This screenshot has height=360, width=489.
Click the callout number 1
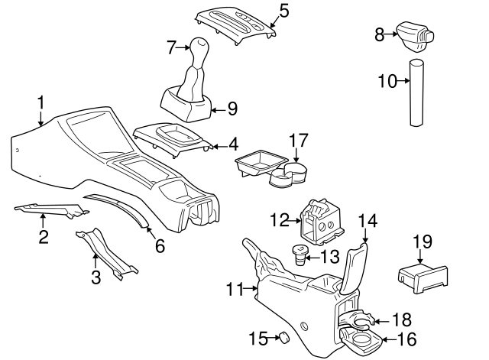coord(40,102)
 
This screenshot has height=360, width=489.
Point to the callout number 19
coord(423,243)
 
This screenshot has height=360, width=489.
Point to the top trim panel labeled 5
coord(235,21)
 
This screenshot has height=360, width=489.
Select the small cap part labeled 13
coord(300,255)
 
